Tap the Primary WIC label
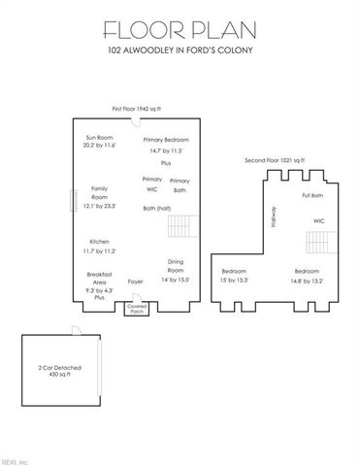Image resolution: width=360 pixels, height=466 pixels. click(x=152, y=184)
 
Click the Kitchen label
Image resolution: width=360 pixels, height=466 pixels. click(x=100, y=245)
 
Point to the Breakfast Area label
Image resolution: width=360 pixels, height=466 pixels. click(x=100, y=282)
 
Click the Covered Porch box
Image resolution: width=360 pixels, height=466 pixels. click(x=135, y=308)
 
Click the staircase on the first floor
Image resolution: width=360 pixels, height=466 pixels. click(x=182, y=228)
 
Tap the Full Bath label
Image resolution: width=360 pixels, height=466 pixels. click(x=312, y=195)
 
